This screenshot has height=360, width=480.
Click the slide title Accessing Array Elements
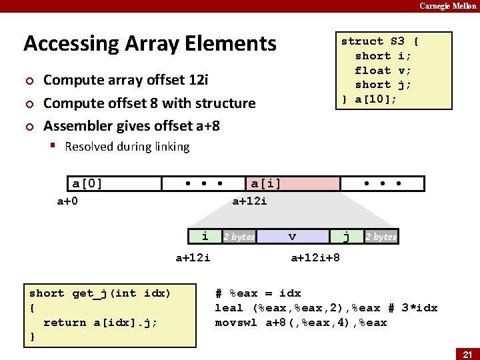coord(149,43)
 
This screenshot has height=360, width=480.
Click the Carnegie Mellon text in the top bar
coord(447,6)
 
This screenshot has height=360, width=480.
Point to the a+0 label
coord(67,201)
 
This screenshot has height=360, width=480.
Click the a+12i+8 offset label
coord(315,257)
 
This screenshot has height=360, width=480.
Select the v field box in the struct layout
coord(292,236)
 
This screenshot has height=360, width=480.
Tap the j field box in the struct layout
coord(346,236)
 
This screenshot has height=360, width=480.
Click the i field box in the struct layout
coord(205,236)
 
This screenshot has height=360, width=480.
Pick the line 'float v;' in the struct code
coord(383,70)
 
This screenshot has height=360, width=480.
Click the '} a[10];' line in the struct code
coord(369,99)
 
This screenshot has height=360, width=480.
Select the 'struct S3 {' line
coord(379,41)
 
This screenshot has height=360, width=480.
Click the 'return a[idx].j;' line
coord(100,323)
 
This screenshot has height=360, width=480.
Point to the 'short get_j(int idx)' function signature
coord(100,293)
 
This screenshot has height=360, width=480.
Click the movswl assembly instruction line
coord(301,323)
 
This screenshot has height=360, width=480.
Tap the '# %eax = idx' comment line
coord(258,293)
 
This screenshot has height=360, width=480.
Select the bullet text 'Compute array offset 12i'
coord(126,80)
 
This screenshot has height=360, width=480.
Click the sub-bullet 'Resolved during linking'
coord(127,147)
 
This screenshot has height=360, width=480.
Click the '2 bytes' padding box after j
coord(381,237)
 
